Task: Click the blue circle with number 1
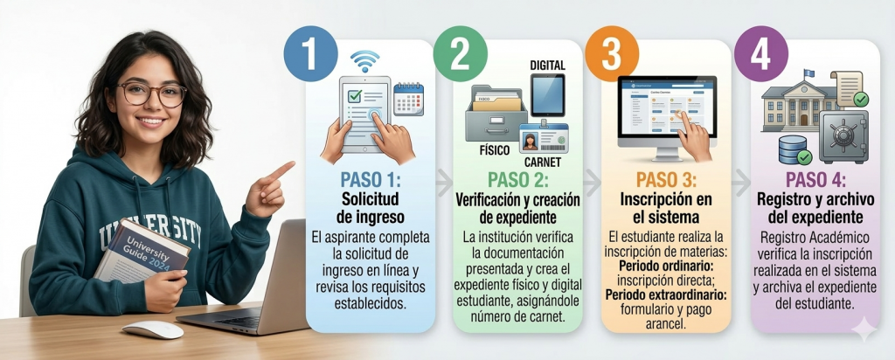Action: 310,53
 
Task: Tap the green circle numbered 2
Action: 460,53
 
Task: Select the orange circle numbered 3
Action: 611,53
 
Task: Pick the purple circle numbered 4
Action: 761,53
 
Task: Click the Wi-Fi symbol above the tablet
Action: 365,61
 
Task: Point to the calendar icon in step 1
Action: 409,100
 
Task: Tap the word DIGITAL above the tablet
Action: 547,66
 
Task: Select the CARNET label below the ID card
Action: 542,163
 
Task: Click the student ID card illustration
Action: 544,139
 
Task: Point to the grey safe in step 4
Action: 843,137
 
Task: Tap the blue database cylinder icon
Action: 793,150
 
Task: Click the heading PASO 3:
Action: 666,180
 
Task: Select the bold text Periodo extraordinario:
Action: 665,295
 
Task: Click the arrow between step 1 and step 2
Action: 443,182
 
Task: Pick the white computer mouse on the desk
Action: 153,329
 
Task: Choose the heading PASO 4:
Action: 815,180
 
